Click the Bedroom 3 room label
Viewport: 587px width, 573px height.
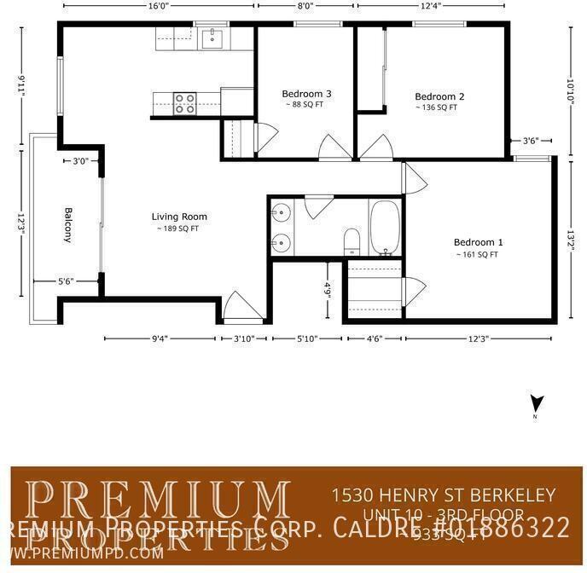click(306, 94)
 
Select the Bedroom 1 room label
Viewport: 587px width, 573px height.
click(478, 242)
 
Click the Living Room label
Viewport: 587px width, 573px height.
click(179, 217)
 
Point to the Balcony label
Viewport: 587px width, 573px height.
click(67, 225)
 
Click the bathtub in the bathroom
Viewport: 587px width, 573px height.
click(385, 228)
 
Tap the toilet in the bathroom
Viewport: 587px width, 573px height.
click(351, 242)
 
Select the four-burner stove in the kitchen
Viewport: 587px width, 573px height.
click(185, 103)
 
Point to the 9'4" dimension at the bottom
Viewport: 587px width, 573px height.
click(160, 339)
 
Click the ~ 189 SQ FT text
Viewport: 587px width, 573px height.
click(177, 229)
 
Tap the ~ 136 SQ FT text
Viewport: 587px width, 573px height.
click(437, 107)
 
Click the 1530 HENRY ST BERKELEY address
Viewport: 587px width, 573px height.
click(443, 495)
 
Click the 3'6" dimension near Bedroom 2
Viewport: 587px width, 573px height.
click(530, 141)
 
